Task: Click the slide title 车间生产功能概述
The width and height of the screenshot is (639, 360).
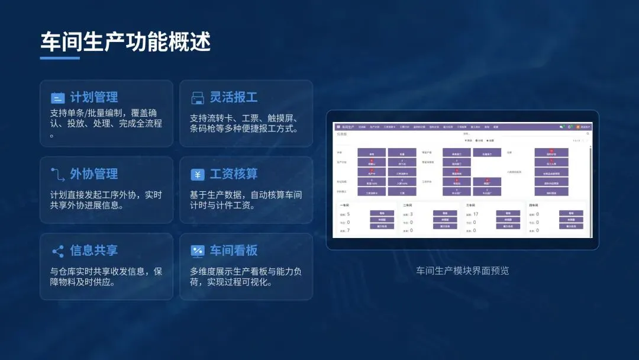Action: (125, 42)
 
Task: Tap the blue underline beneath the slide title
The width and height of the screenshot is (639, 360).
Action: (60, 58)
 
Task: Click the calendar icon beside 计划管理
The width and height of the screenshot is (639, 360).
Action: (57, 98)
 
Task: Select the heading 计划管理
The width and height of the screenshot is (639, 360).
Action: (94, 97)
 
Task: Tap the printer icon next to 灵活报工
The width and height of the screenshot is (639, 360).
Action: (197, 98)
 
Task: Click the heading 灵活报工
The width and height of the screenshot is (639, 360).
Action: (234, 97)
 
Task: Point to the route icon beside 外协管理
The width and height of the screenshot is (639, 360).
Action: (57, 174)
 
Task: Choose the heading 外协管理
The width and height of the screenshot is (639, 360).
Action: (94, 173)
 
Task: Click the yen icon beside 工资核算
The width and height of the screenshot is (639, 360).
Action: (197, 175)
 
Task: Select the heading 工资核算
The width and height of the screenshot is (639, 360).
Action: (234, 173)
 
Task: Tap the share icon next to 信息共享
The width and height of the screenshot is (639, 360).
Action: (57, 251)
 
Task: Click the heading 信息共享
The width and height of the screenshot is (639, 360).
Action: (94, 250)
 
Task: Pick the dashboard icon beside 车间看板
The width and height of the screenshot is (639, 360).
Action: (197, 251)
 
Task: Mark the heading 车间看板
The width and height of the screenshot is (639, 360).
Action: (234, 250)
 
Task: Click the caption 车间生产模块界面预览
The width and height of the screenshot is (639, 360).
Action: (463, 271)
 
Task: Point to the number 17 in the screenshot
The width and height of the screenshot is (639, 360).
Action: (476, 214)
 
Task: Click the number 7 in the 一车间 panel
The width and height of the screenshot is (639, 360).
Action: (348, 230)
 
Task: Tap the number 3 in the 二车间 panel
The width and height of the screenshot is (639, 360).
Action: (411, 214)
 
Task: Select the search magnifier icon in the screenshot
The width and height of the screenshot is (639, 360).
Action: (588, 134)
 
